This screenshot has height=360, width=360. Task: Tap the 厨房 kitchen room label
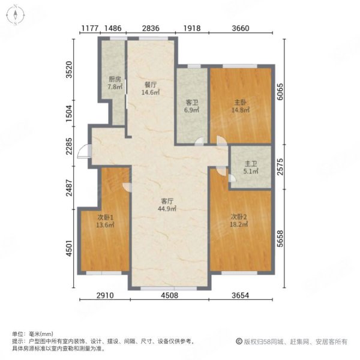114,79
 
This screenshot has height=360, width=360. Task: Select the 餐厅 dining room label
150,85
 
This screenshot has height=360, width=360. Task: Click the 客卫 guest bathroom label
191,103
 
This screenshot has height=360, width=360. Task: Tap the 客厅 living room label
167,201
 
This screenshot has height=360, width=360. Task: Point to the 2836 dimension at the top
151,28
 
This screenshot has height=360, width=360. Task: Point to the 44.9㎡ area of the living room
167,209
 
